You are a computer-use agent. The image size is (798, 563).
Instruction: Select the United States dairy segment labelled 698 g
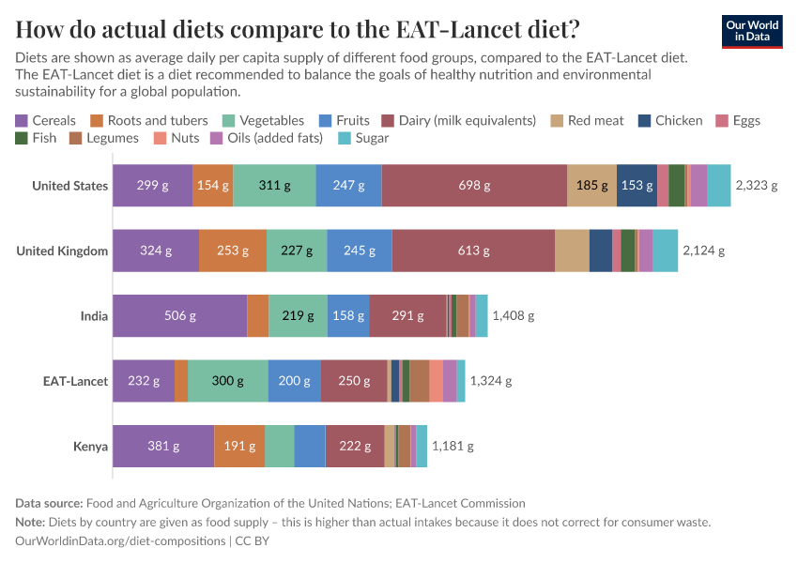(x=474, y=185)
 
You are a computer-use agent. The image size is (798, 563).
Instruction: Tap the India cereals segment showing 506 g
(x=179, y=315)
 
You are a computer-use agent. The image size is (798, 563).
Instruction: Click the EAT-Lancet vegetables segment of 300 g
(x=227, y=381)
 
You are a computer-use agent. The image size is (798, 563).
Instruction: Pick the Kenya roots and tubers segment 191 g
(x=239, y=446)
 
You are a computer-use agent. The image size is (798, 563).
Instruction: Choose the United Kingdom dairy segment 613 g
(x=473, y=251)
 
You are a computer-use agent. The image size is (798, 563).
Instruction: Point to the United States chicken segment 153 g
(x=637, y=185)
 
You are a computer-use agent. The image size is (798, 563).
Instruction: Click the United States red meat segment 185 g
(x=591, y=185)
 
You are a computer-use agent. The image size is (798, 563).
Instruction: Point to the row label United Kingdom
(x=62, y=251)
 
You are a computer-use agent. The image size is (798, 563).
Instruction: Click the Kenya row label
(x=90, y=446)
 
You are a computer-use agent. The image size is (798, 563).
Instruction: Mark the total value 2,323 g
(x=757, y=185)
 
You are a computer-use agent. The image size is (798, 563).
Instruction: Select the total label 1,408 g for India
(x=513, y=315)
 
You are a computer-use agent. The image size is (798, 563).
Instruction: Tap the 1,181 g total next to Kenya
(x=453, y=446)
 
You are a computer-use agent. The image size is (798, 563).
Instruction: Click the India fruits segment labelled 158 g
(x=348, y=315)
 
